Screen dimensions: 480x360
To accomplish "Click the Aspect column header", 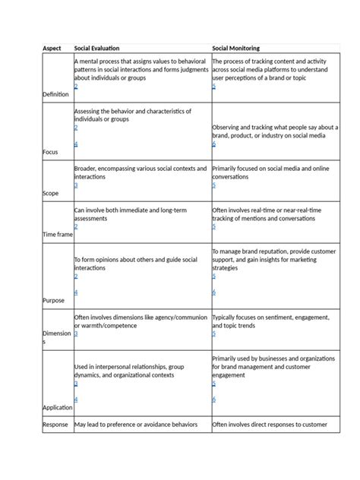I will tap(52, 48).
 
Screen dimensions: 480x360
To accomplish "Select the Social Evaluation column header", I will tap(96, 48).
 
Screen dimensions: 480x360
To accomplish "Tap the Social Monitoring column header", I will tap(239, 48).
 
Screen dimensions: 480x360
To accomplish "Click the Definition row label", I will tap(55, 94).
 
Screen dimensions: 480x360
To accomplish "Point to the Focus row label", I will tap(51, 152).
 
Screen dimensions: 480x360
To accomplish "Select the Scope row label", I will tap(52, 193).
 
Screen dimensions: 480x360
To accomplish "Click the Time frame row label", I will tap(58, 235).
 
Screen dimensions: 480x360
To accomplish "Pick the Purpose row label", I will tap(53, 300).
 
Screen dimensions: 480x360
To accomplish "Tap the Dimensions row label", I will tap(57, 337).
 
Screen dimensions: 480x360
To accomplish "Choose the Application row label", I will tap(58, 407).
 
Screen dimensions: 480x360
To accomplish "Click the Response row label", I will tap(55, 425).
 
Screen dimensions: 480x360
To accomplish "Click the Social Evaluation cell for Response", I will tap(136, 425).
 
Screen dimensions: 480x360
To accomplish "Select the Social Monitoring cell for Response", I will tap(270, 425).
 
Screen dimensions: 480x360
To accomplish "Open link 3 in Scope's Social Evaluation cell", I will tap(76, 185).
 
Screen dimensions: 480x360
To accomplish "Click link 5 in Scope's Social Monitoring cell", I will tap(214, 185).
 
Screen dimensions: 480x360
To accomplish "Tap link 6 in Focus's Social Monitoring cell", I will tap(214, 144).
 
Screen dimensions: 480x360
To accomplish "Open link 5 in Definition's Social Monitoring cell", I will tap(214, 87).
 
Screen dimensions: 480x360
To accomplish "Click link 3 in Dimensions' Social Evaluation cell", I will tap(76, 333).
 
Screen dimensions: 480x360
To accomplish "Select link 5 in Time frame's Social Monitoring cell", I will tap(214, 226).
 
